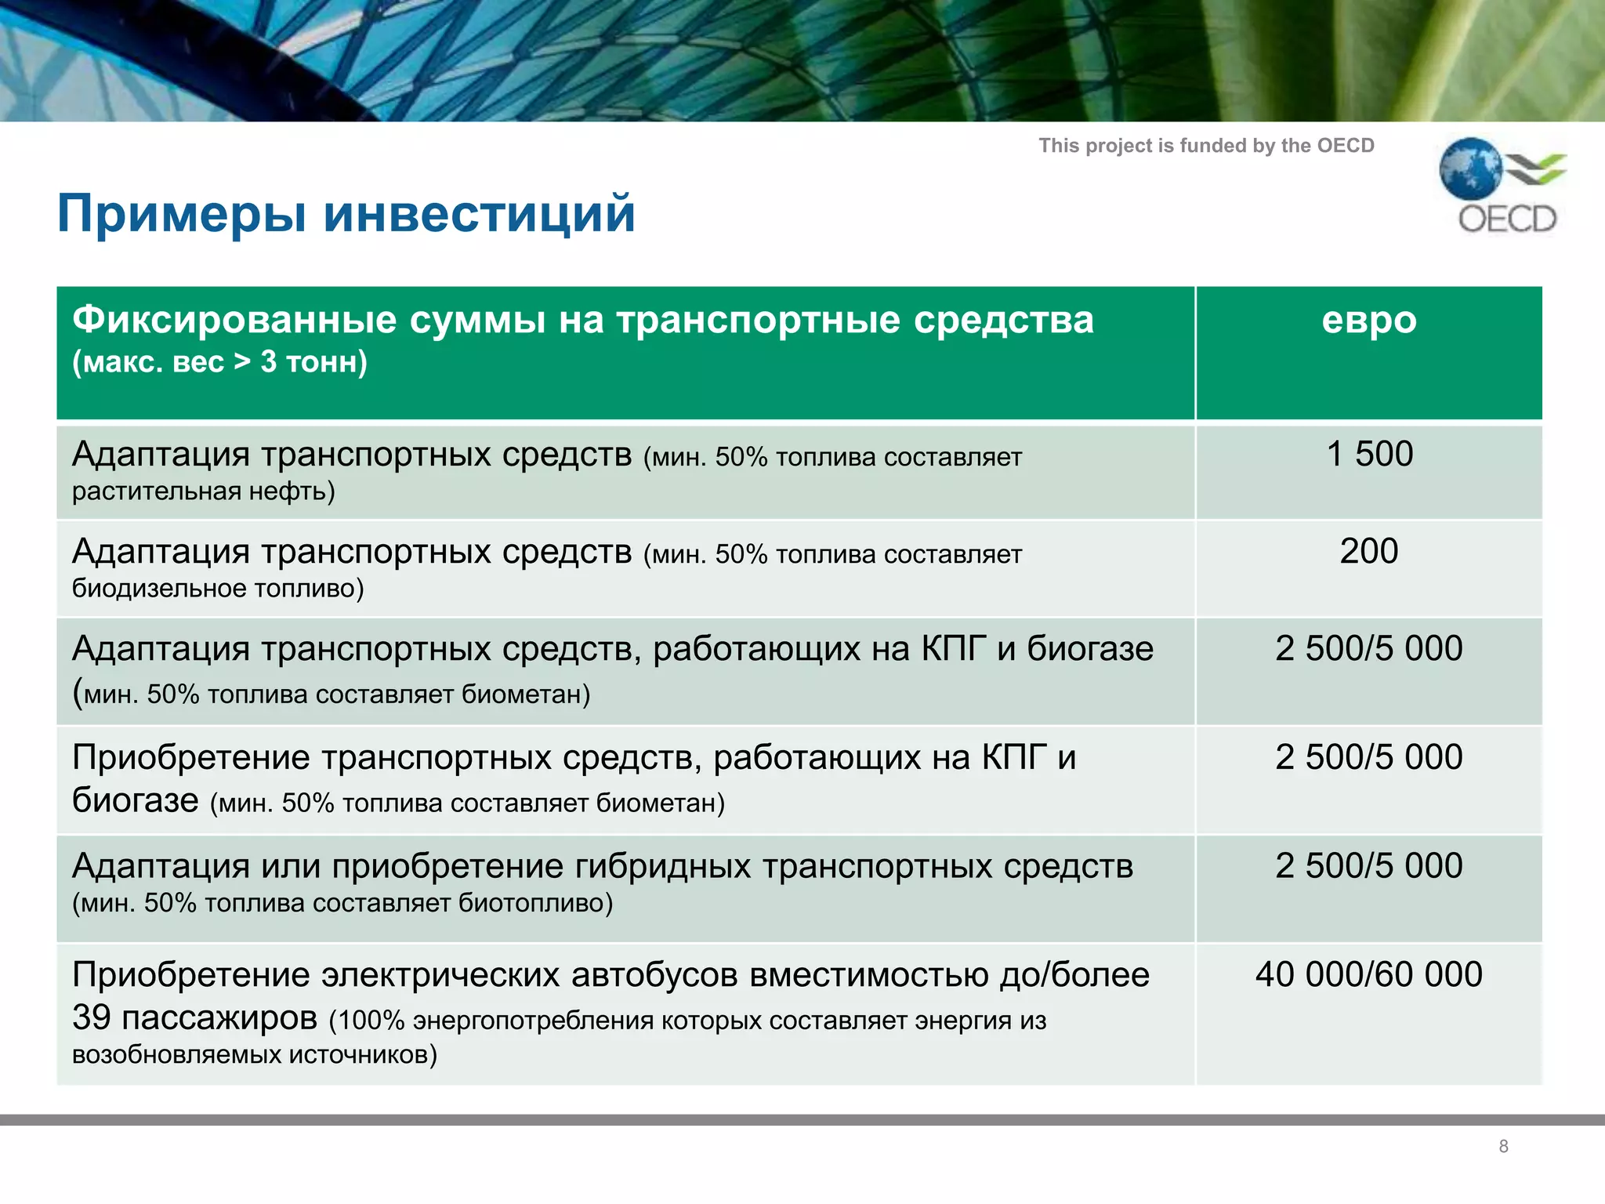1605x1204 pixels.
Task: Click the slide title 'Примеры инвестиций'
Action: click(x=346, y=213)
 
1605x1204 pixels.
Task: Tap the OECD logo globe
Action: click(x=1470, y=169)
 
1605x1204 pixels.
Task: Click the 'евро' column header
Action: click(x=1368, y=320)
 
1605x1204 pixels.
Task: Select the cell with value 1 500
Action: click(x=1369, y=454)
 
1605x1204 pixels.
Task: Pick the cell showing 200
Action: click(x=1368, y=551)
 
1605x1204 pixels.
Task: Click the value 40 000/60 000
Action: click(x=1368, y=974)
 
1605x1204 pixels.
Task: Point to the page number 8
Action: click(x=1503, y=1146)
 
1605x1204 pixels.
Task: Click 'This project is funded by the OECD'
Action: click(x=1206, y=146)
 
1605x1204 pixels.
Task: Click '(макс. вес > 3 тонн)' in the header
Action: click(x=219, y=362)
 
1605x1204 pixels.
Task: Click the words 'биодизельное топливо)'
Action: click(x=218, y=589)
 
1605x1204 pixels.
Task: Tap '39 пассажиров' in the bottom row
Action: click(x=194, y=1017)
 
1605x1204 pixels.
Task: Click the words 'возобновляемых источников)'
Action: click(x=254, y=1055)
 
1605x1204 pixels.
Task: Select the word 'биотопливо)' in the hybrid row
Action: click(x=535, y=904)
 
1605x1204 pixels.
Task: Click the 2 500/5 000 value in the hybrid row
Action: click(x=1368, y=866)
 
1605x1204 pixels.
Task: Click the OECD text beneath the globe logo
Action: click(x=1506, y=219)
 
